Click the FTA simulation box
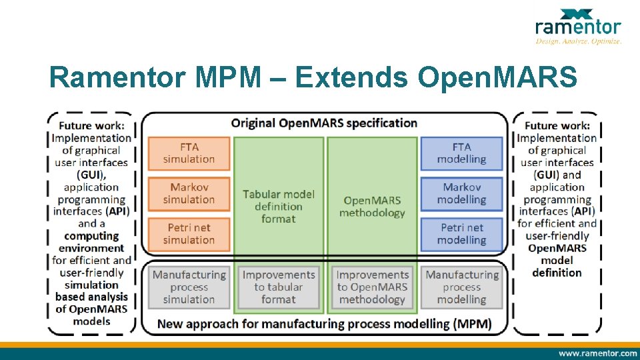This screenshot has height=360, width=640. click(189, 153)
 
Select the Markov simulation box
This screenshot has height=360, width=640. click(189, 193)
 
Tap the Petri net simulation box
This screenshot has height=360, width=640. click(189, 234)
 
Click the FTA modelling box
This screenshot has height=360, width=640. click(461, 153)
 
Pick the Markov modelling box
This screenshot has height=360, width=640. click(461, 193)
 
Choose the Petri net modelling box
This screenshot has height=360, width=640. click(461, 234)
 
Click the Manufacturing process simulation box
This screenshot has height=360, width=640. click(189, 287)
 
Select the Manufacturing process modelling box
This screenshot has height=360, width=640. click(461, 287)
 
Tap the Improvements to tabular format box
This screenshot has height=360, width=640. click(279, 287)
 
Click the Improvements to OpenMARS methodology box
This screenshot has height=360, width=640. click(372, 287)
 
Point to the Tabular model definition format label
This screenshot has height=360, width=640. click(279, 206)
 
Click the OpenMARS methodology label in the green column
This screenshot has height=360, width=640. click(372, 206)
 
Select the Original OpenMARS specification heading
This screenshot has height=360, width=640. click(324, 123)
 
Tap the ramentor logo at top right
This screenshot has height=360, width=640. click(577, 24)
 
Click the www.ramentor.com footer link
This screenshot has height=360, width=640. click(597, 353)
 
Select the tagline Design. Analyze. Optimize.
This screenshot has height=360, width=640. click(578, 41)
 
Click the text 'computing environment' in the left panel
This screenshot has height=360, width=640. click(91, 242)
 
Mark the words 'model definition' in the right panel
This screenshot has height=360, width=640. click(557, 266)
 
